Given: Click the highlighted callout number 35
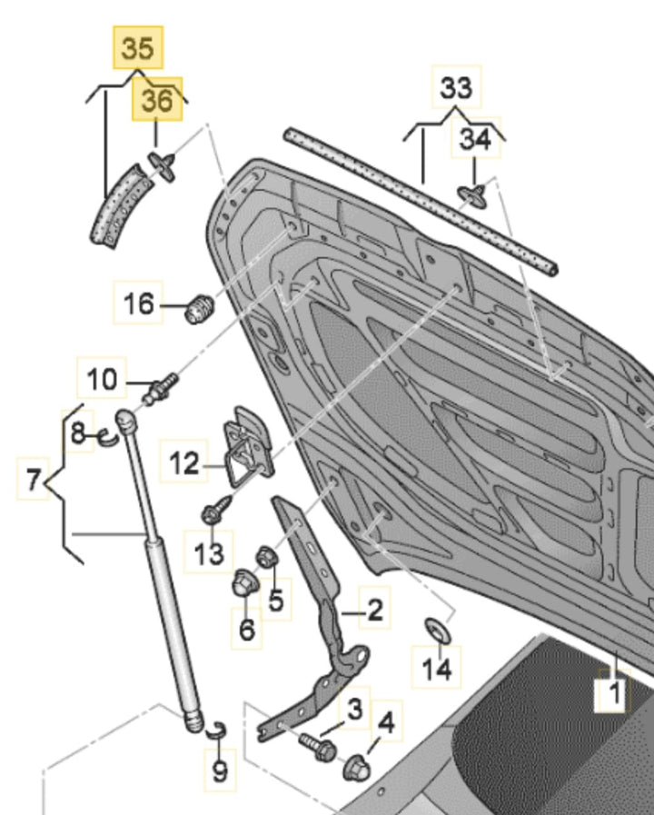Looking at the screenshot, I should point(138,47).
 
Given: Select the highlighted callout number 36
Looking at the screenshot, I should point(157,101).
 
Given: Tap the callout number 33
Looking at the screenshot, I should point(456,89).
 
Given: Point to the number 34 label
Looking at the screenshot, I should point(474,140).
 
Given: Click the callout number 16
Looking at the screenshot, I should point(139,303).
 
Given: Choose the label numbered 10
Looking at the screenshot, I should point(103,379).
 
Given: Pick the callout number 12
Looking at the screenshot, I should point(183,464).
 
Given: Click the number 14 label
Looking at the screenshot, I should point(436,670).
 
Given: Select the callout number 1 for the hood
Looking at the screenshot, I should point(614,696).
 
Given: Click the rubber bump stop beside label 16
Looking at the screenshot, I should point(198,309).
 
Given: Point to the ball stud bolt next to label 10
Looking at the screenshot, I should point(162,387).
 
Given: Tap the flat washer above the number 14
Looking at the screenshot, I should point(436,629).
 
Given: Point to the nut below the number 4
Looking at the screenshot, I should point(356,769).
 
